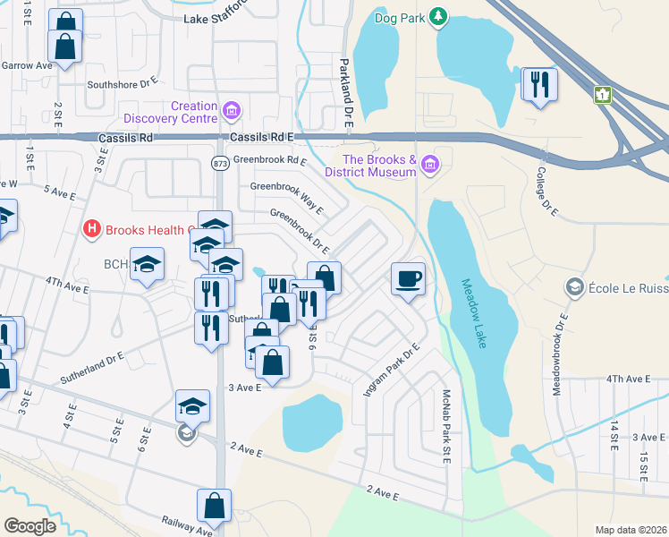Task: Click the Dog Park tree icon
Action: tap(437, 16)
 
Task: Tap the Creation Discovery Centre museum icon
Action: tap(232, 111)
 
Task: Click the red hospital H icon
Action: tap(91, 230)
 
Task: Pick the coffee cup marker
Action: tap(407, 278)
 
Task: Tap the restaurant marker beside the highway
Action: tap(539, 84)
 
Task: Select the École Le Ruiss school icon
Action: tap(574, 287)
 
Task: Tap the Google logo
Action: tap(30, 525)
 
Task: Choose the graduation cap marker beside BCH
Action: tap(147, 264)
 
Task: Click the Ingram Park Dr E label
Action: tap(391, 371)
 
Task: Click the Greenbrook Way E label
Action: tap(286, 197)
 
